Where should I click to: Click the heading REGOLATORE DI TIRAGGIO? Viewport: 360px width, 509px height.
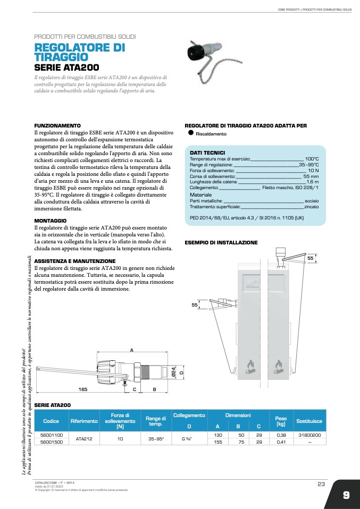(80, 52)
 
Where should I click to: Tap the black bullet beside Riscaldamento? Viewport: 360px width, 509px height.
(190, 133)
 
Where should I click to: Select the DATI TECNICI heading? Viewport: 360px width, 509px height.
(207, 152)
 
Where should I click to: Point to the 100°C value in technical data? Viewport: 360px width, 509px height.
(312, 159)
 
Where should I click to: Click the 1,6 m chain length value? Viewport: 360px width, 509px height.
(313, 182)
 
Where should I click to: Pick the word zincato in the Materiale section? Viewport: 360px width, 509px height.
(311, 206)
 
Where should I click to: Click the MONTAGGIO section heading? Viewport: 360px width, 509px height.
(51, 220)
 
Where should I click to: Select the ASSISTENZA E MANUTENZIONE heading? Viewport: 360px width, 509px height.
(75, 261)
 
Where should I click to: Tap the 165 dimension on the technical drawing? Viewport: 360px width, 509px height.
(83, 389)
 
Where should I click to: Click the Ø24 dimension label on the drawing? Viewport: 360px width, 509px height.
(174, 374)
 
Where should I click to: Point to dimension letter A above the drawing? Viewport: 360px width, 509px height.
(131, 350)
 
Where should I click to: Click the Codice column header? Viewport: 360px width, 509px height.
(51, 421)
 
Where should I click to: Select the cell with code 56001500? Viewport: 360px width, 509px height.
(52, 442)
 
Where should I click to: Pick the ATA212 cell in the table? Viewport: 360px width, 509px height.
(84, 438)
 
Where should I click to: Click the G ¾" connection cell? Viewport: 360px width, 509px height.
(189, 438)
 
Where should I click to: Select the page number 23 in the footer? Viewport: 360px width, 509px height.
(321, 483)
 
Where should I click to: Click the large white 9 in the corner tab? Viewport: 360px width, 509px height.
(346, 495)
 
